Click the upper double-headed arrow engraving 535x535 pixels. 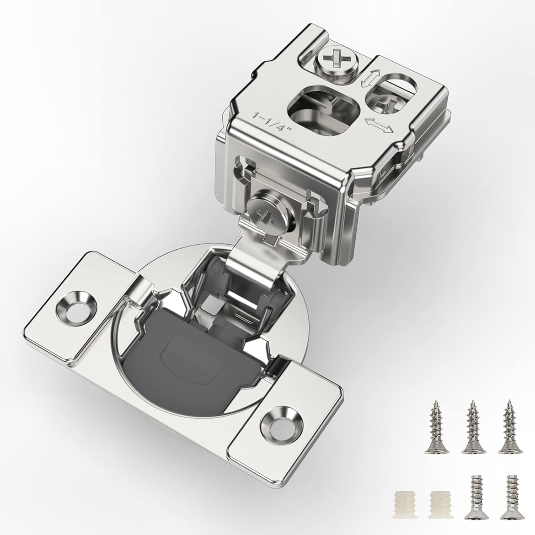(x=367, y=78)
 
